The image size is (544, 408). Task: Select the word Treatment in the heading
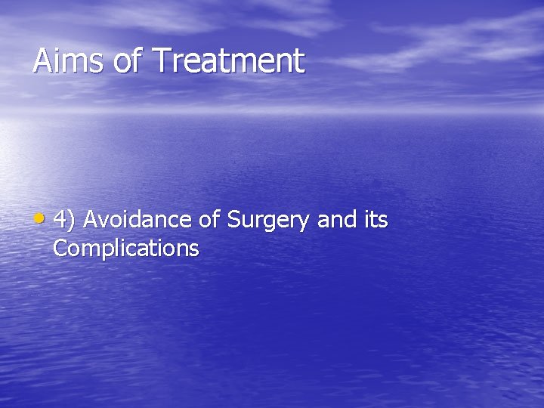tap(228, 61)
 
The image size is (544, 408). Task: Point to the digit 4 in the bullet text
tap(60, 220)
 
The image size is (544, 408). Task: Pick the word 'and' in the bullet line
tap(335, 220)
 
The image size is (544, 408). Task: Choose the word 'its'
tap(374, 220)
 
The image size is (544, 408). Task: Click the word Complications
tap(126, 249)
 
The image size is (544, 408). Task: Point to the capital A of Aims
tap(42, 61)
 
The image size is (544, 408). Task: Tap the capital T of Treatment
tap(160, 61)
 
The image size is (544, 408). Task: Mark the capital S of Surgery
tap(234, 220)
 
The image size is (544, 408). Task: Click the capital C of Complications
tap(60, 248)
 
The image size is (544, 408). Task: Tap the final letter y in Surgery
tap(306, 223)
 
